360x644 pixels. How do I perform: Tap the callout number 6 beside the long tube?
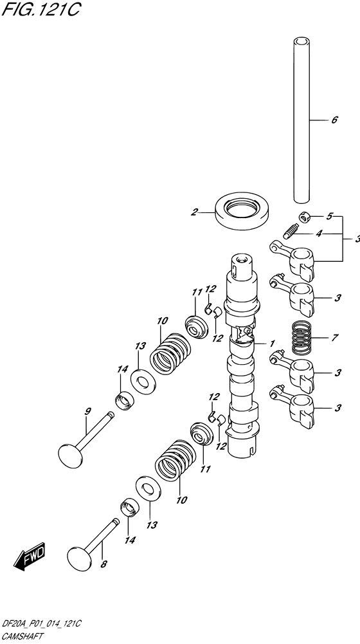click(x=334, y=120)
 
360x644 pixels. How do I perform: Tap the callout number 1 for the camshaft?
click(x=273, y=343)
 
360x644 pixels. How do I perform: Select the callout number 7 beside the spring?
click(x=334, y=338)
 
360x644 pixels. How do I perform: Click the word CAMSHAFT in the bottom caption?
click(x=22, y=635)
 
